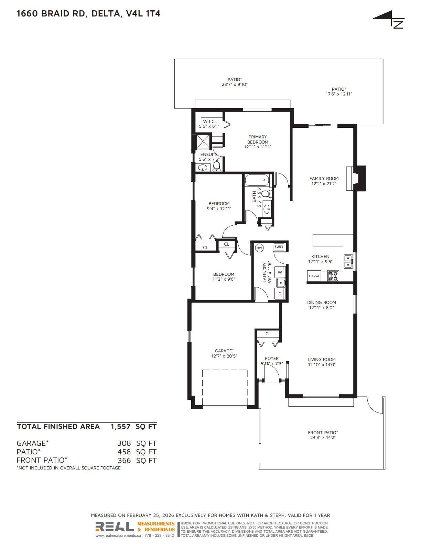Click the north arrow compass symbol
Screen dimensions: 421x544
(x=389, y=20)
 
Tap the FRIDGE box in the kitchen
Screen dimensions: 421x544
(x=314, y=276)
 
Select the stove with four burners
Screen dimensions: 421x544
(x=333, y=276)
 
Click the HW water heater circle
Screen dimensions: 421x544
(x=259, y=248)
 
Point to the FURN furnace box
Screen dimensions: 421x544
(x=279, y=247)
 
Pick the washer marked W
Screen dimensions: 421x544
(x=280, y=272)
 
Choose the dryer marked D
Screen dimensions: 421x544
(x=280, y=294)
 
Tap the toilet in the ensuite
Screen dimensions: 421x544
(x=216, y=166)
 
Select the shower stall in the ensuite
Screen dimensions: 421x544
(x=203, y=142)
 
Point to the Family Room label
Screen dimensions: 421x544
(x=324, y=179)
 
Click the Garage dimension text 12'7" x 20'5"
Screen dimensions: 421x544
(x=224, y=356)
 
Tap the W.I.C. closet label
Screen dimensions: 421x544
(x=209, y=122)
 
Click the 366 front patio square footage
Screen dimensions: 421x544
(x=125, y=461)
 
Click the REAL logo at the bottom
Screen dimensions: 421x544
(x=115, y=527)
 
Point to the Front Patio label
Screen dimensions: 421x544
(x=323, y=433)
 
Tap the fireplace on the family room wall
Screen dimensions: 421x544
(x=356, y=178)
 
